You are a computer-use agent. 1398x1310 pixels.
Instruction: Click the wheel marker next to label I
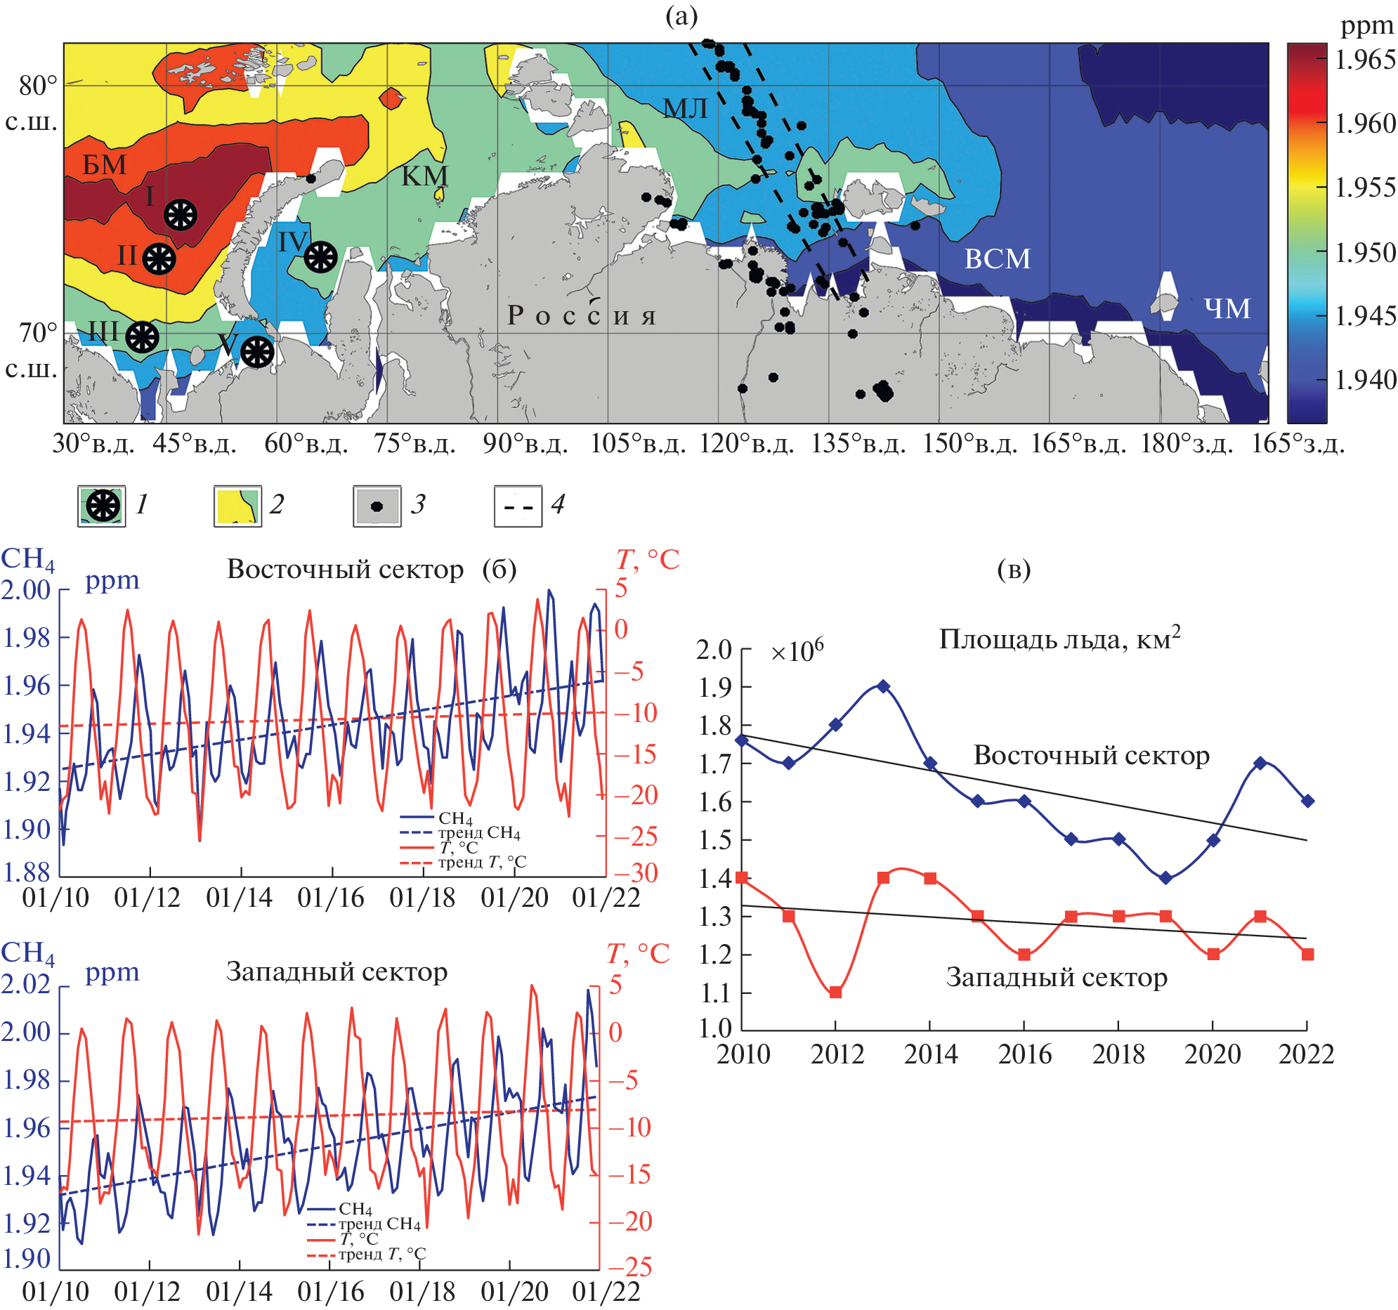click(180, 214)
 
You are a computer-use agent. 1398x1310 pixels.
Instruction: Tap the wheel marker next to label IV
click(320, 256)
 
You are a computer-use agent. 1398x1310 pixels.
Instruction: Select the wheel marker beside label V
click(256, 351)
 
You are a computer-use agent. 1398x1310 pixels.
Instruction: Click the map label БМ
click(105, 164)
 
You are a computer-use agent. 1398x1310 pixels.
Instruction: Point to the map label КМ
click(424, 176)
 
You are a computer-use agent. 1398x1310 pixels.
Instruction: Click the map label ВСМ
click(997, 258)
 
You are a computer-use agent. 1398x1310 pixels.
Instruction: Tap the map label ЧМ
click(1227, 308)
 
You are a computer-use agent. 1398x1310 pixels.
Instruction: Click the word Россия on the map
click(581, 315)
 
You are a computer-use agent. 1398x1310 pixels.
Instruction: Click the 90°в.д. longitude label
click(525, 444)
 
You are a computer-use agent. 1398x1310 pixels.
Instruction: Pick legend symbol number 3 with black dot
click(377, 506)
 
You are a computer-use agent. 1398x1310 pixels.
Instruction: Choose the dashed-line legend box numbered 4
click(518, 506)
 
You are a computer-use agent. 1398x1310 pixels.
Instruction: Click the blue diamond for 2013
click(883, 686)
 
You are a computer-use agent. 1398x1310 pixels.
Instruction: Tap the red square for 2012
click(835, 993)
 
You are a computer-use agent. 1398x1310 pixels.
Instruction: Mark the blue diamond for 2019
click(1166, 877)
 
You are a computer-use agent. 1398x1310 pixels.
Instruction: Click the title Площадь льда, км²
click(1059, 638)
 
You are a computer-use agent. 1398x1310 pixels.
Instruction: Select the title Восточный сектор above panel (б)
click(345, 569)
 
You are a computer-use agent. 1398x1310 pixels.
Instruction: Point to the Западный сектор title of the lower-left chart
click(336, 971)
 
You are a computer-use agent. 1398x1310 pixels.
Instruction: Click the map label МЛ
click(685, 108)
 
